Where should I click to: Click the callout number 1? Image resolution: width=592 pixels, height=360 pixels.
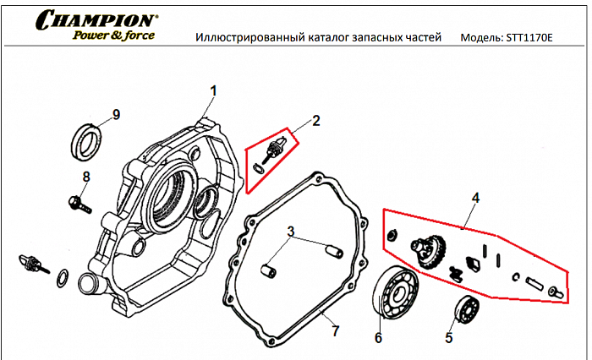coord(214,90)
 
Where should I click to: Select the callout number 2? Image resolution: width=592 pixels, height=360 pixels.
coord(315,121)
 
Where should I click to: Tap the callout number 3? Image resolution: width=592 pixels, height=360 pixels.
coord(290,231)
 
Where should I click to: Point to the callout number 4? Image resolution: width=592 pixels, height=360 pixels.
coord(475,198)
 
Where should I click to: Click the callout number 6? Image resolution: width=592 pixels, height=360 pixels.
coord(378,338)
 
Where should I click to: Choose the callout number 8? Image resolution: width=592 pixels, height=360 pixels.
coord(85,176)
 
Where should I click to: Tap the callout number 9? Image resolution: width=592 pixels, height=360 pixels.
coord(117,115)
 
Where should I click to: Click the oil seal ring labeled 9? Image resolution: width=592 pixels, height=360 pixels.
coord(87,139)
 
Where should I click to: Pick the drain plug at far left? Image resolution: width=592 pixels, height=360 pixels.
coord(32,265)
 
